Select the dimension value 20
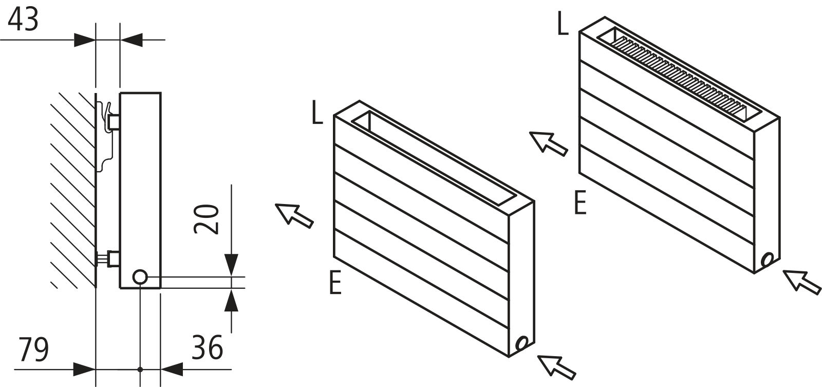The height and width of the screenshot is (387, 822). [x=207, y=219]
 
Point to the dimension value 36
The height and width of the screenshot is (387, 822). [x=207, y=347]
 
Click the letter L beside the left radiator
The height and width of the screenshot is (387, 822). [x=317, y=115]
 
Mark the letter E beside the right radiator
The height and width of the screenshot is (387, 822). [x=580, y=203]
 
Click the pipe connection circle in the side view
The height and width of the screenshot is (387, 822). [x=139, y=277]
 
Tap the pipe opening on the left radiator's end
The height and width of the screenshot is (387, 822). [x=522, y=343]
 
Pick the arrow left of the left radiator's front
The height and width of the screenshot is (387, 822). [x=294, y=214]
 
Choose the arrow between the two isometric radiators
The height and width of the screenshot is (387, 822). [x=548, y=143]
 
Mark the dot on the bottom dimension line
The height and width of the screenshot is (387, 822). [x=140, y=369]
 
